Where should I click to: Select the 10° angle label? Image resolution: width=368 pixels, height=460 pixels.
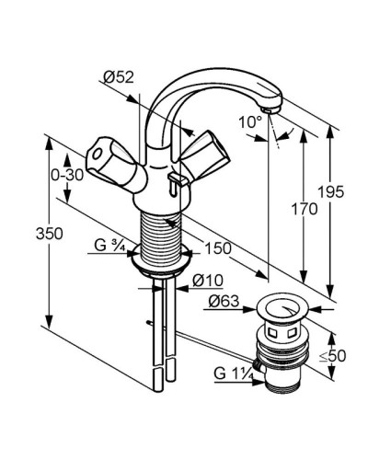pyautogui.click(x=251, y=121)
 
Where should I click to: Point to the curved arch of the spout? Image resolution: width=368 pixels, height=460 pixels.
pyautogui.click(x=198, y=85)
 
